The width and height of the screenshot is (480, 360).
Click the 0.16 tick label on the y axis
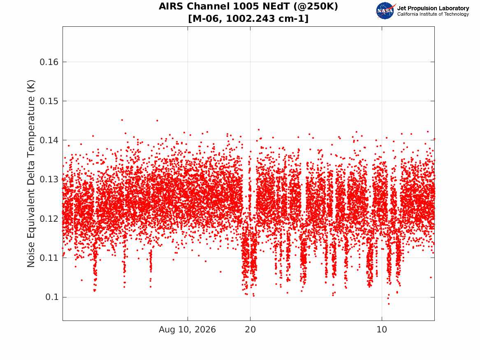coord(49,62)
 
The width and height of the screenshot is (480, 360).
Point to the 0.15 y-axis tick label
coord(49,101)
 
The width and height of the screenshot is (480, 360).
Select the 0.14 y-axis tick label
coord(49,140)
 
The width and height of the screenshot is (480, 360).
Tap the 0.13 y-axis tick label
coord(49,179)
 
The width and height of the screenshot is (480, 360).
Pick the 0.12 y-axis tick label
coord(49,218)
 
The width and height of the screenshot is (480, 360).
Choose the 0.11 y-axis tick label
coord(49,258)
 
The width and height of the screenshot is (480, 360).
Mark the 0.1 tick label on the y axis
coord(52,297)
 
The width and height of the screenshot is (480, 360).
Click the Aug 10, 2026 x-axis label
coord(187,330)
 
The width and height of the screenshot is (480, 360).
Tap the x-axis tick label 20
coord(250,330)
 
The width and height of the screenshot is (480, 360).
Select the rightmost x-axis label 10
coord(382,330)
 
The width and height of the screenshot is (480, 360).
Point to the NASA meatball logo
coord(385,11)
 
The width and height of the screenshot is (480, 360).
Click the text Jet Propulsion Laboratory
coord(433,8)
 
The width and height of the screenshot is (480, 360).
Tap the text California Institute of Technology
coord(433,14)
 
